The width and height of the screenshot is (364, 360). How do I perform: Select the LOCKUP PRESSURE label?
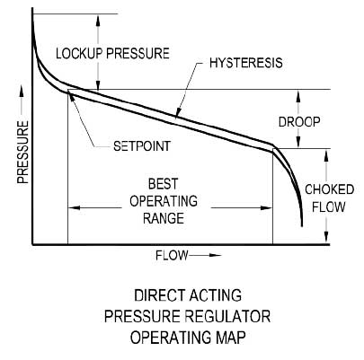click(111, 53)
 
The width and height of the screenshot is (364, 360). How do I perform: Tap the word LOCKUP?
click(78, 53)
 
